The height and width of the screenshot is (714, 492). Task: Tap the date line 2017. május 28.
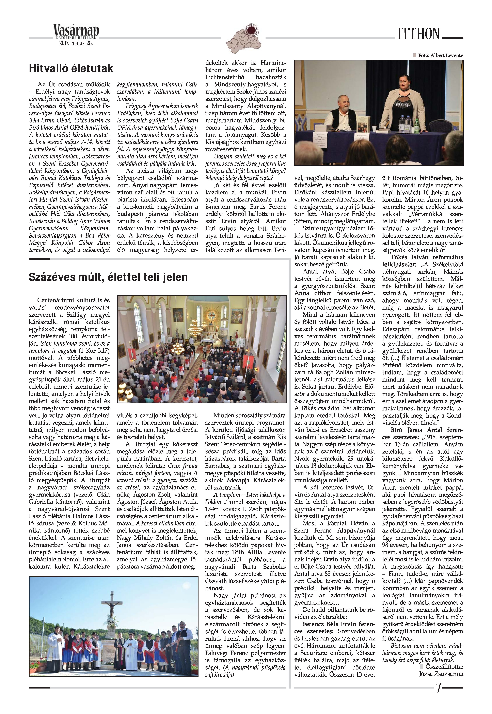[x=76, y=43]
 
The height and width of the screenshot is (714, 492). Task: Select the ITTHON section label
[x=418, y=34]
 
